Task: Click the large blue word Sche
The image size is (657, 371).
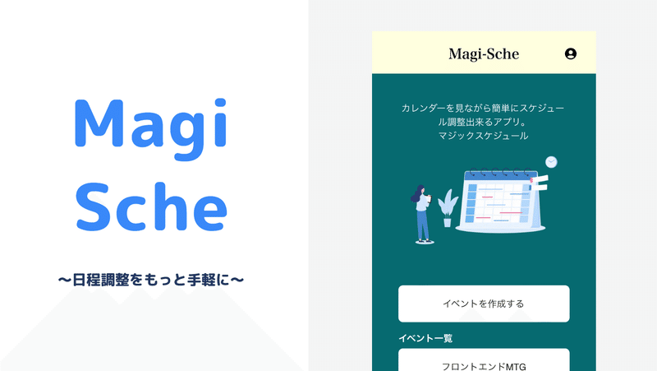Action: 151,206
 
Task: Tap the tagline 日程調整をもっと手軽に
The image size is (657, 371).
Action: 151,280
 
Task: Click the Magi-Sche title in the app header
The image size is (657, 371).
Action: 484,54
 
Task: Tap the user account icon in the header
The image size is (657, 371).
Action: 570,53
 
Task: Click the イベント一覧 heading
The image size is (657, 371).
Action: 425,338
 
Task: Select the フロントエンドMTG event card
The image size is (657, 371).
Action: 484,360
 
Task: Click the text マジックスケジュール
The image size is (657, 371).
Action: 483,136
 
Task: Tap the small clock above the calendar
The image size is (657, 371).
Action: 551,162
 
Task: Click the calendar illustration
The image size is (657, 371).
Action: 502,200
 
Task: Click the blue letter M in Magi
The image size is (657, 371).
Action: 99,123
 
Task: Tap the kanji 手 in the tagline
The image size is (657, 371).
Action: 194,280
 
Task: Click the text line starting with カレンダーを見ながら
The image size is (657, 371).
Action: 483,109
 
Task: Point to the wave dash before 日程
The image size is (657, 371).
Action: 65,280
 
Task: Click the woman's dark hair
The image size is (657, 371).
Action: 417,193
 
